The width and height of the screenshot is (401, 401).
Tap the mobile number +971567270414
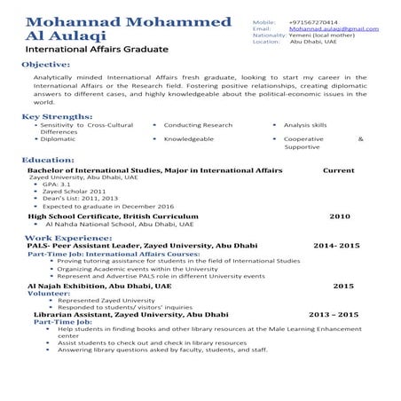point(313,20)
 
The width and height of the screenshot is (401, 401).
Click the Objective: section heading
point(45,65)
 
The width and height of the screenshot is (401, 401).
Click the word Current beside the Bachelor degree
point(338,169)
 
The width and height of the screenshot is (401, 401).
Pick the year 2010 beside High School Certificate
point(340,216)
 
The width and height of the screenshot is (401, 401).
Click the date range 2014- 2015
point(336,246)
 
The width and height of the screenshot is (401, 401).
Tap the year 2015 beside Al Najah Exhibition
point(342,286)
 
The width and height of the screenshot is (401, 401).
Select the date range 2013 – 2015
point(333,315)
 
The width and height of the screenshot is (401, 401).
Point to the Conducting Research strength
point(198,126)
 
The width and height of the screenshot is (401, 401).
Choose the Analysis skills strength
point(305,126)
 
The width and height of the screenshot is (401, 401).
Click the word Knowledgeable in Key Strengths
point(188,139)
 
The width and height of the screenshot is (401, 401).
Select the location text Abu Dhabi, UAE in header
point(318,41)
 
